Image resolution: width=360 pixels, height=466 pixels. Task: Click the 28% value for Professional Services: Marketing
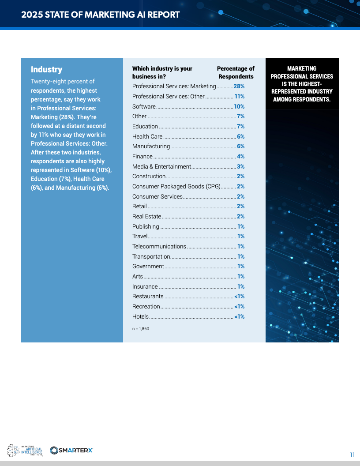point(239,86)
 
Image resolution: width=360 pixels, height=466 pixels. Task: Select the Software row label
point(144,106)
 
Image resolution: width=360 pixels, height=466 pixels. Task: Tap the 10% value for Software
point(239,106)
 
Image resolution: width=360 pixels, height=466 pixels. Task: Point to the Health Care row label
point(147,136)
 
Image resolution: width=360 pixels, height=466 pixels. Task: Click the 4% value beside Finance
point(240,156)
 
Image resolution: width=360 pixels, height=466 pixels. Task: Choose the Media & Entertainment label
point(161,166)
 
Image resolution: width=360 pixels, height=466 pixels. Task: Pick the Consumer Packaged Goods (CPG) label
point(176,186)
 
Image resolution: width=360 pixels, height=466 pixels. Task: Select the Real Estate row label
point(146,216)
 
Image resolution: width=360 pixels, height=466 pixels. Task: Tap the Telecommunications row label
point(159,246)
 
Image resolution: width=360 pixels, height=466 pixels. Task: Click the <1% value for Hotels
point(239,316)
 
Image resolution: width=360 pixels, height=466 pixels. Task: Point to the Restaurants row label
point(148,297)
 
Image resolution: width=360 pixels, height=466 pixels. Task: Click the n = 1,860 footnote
point(141,329)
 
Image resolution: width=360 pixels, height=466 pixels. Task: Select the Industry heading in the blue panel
point(46,70)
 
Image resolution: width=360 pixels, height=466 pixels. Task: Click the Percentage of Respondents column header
point(236,72)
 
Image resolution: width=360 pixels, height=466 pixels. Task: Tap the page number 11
point(352,455)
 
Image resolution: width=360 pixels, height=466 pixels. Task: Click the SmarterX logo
point(71,450)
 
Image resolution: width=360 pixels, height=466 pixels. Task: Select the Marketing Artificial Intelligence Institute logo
point(25,451)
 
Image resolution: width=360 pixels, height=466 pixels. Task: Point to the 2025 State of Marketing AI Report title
point(101,15)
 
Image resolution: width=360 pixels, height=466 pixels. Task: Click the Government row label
point(148,266)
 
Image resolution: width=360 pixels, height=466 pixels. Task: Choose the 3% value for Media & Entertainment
point(240,166)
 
